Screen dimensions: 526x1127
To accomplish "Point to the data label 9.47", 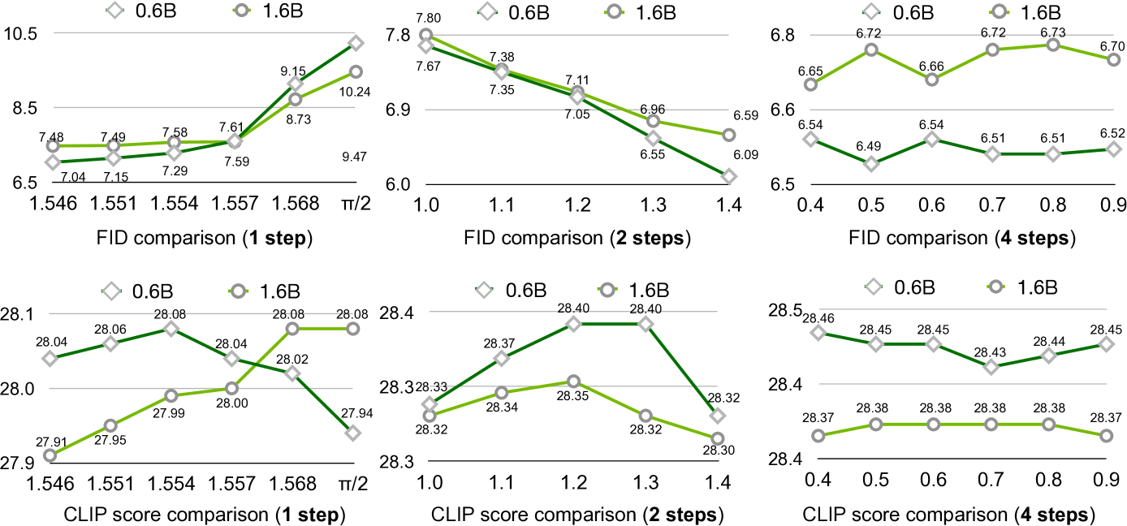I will point(354,157).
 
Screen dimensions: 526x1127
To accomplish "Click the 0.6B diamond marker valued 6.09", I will point(728,176).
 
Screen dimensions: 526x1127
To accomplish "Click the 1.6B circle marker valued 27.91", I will point(50,455).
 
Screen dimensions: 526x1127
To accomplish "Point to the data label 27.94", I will point(354,414).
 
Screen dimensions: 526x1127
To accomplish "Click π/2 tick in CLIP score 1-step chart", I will point(352,485).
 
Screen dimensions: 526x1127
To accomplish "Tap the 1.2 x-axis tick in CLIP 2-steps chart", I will point(574,485).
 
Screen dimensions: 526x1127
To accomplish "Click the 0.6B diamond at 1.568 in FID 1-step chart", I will point(296,84).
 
